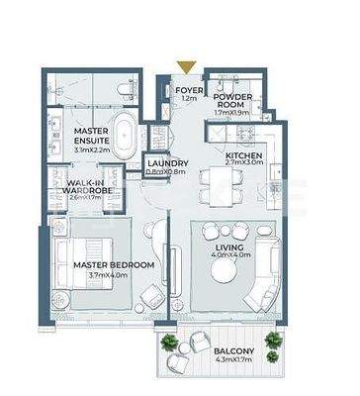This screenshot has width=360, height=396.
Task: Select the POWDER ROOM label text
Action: [x=234, y=103]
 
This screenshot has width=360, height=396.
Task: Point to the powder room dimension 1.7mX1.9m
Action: [x=234, y=115]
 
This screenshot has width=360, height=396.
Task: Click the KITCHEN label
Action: [x=243, y=156]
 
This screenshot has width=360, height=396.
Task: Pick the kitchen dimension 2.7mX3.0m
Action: [x=243, y=165]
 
